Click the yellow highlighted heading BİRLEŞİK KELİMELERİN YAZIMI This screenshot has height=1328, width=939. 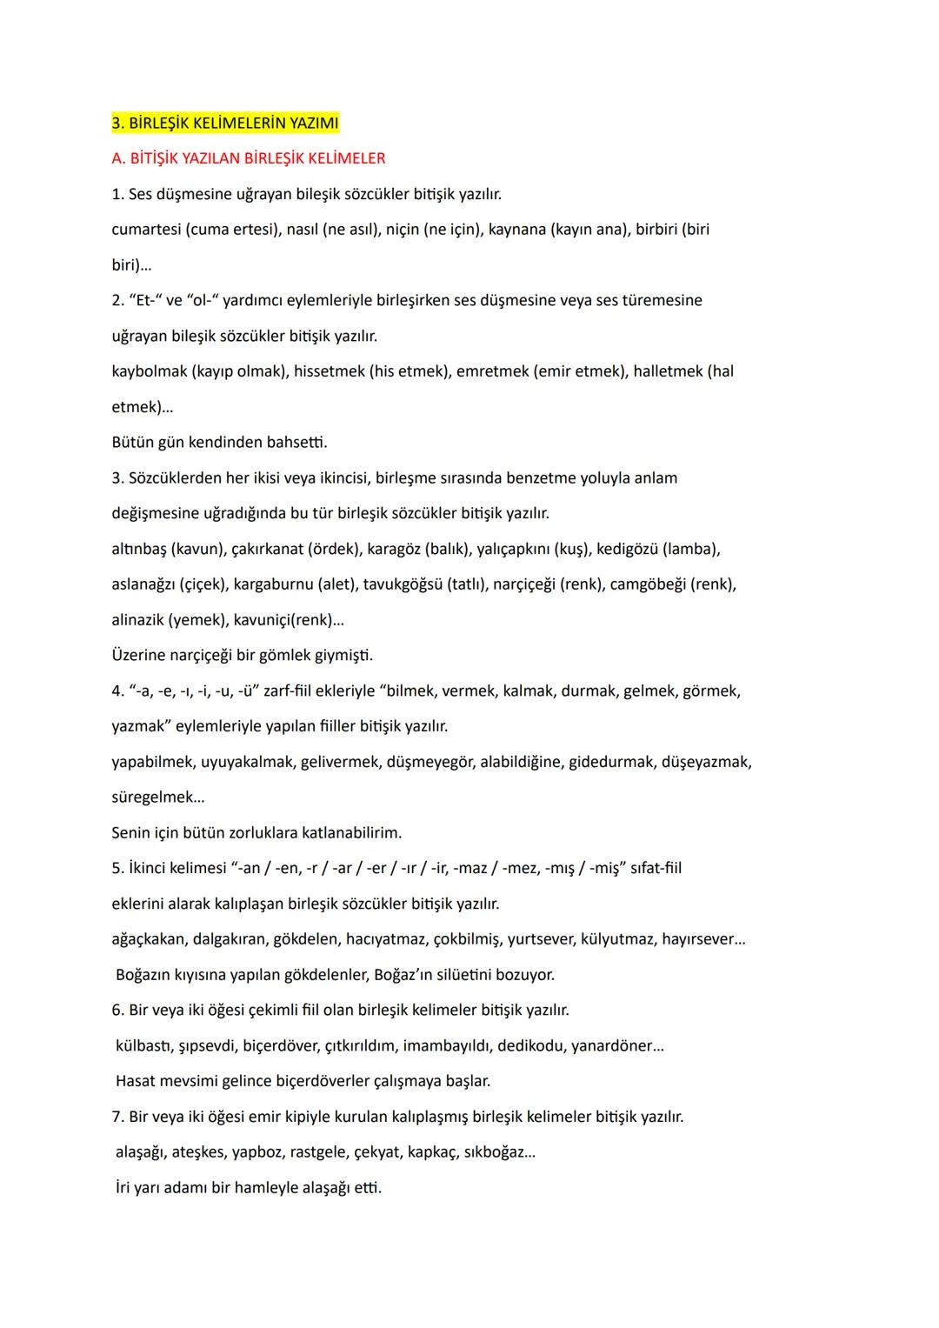coord(225,123)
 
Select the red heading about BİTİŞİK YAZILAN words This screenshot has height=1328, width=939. coord(249,158)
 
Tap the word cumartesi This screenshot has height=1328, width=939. coord(146,230)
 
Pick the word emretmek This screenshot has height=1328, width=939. coord(492,371)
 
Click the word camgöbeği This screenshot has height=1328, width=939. coord(648,584)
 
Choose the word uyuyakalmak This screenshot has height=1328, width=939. coord(247,762)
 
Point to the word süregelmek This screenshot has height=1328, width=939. coord(153,797)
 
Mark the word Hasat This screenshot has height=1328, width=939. coord(136,1082)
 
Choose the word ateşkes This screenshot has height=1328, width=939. coord(199,1152)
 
